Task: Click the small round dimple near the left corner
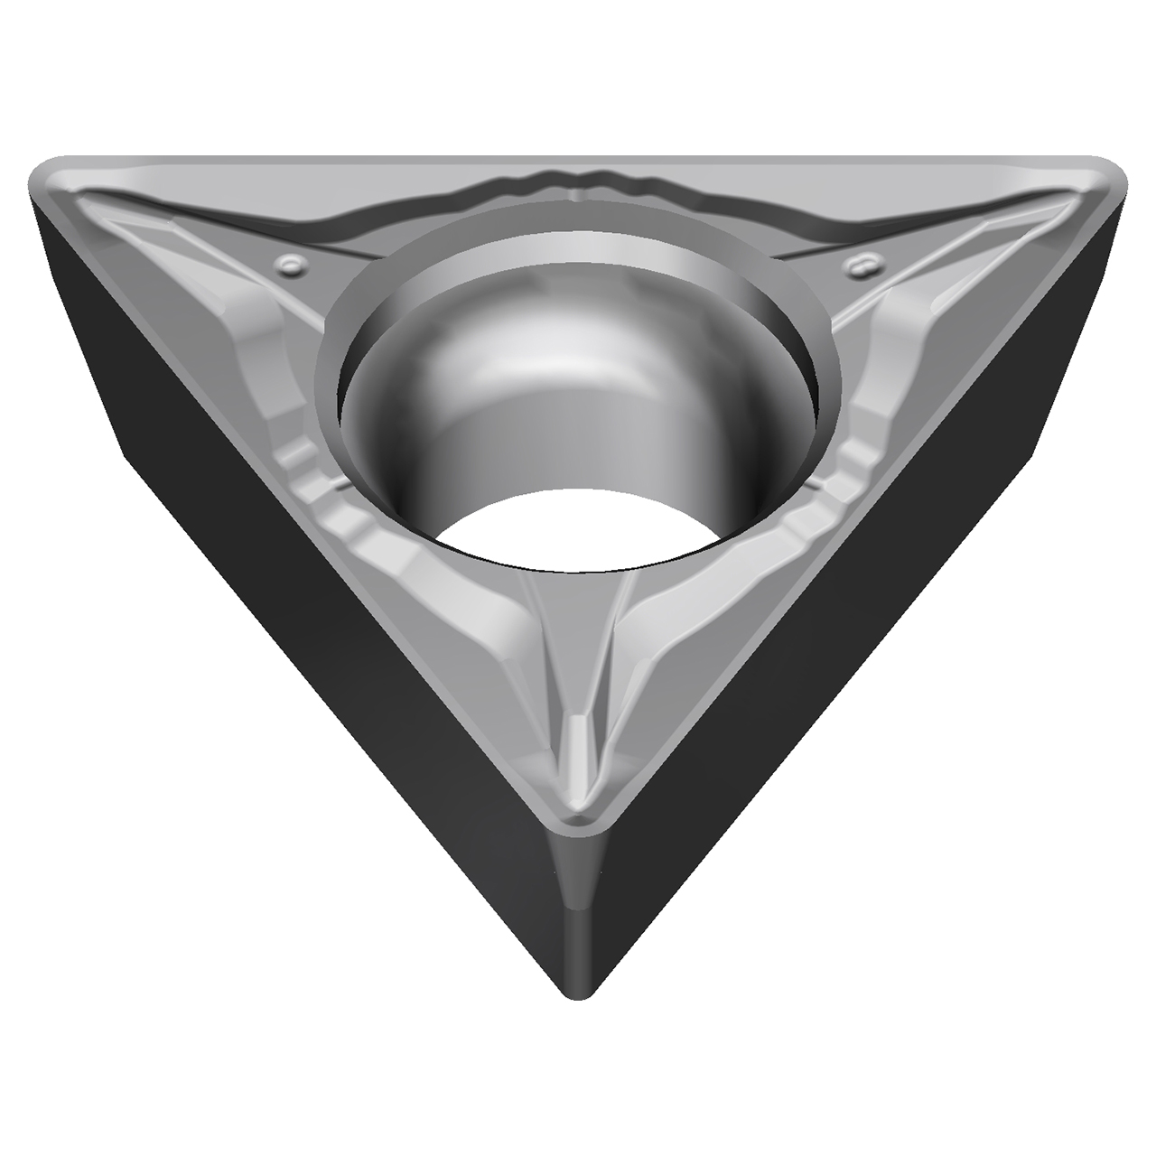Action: pyautogui.click(x=292, y=263)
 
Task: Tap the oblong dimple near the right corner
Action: pyautogui.click(x=860, y=263)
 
